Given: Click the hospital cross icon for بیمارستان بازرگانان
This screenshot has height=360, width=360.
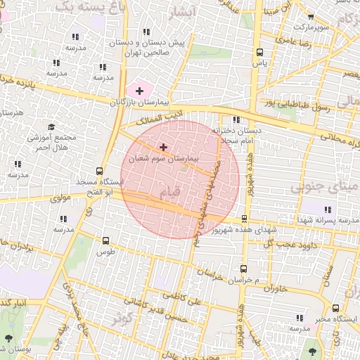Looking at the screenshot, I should pyautogui.click(x=139, y=91).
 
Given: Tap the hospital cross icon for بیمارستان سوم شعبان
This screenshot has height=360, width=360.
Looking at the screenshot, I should pyautogui.click(x=164, y=147).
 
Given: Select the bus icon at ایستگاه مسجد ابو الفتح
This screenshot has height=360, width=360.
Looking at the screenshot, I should pyautogui.click(x=99, y=171).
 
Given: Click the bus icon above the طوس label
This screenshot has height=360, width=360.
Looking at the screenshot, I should pyautogui.click(x=105, y=240).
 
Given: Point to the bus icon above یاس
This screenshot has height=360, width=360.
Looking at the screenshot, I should pyautogui.click(x=260, y=52).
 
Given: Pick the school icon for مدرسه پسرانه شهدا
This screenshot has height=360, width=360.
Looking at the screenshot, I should pyautogui.click(x=327, y=209).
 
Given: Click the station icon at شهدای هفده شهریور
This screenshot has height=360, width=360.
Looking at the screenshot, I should pyautogui.click(x=244, y=219).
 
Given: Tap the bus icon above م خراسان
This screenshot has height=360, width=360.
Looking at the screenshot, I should pyautogui.click(x=243, y=268).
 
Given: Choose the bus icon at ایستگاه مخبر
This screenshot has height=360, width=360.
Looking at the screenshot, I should pyautogui.click(x=335, y=307).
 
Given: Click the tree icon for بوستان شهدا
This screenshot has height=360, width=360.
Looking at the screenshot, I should pyautogui.click(x=8, y=338).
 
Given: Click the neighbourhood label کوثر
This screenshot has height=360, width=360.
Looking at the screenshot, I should pyautogui.click(x=127, y=318).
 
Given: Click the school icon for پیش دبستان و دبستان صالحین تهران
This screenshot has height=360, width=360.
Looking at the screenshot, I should pyautogui.click(x=146, y=32).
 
